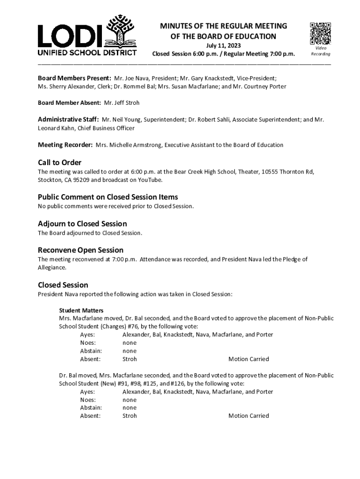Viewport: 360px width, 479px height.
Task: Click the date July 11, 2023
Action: pos(223,45)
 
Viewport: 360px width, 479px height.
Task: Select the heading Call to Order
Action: pos(59,162)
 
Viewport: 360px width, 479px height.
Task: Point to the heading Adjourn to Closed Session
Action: pos(82,224)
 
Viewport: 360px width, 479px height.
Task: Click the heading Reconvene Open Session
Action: pos(80,250)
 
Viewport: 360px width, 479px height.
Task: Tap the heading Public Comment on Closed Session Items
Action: pos(108,197)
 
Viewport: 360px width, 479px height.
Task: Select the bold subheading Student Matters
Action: pos(81,310)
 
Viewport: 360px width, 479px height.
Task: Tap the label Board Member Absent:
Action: pos(69,102)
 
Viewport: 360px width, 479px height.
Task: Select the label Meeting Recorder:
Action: pos(65,145)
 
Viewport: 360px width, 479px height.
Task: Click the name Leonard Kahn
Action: pos(54,128)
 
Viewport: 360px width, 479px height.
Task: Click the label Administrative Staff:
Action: pos(68,119)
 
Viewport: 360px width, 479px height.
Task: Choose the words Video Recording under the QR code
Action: pos(320,51)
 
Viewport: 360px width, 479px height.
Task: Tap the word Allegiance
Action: pos(51,268)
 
